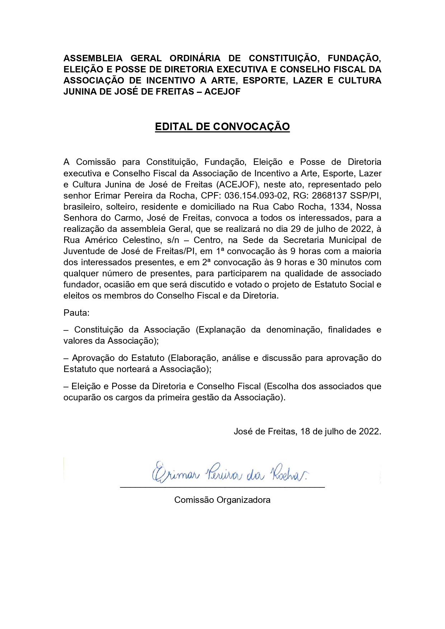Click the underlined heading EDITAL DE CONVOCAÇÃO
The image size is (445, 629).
[222, 127]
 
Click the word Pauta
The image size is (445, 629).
[76, 313]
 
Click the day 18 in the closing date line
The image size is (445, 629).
[305, 431]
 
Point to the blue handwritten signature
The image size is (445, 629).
[229, 474]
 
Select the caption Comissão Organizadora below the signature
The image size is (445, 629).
[222, 500]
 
